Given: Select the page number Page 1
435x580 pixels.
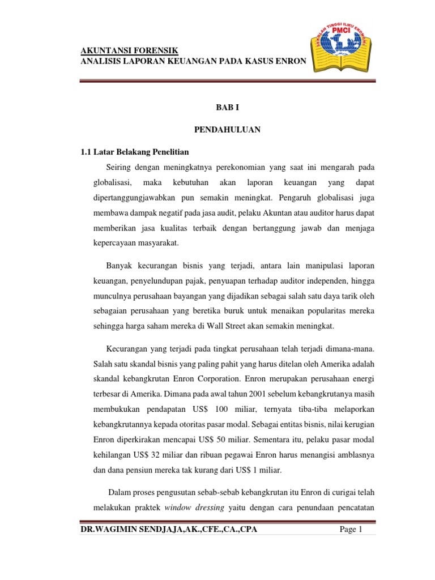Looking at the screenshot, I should [351, 529].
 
